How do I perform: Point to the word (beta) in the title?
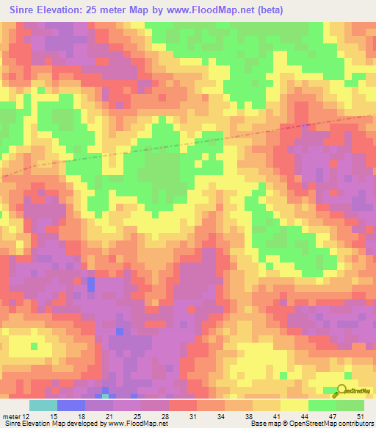267,10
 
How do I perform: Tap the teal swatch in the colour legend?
43,405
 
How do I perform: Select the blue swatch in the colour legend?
70,405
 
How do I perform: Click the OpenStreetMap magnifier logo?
340,391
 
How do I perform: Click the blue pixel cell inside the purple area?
91,284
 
